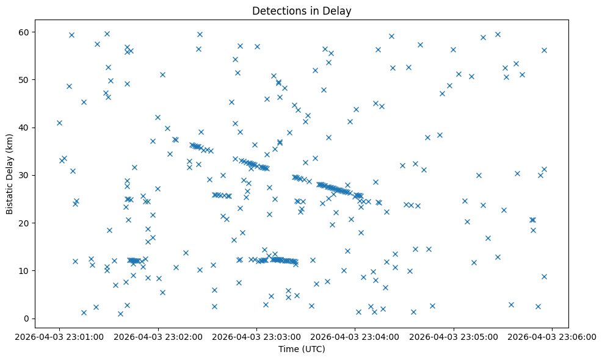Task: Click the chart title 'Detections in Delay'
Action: (302, 11)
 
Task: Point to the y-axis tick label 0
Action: (27, 319)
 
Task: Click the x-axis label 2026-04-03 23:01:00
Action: (59, 336)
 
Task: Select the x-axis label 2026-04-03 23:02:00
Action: (158, 336)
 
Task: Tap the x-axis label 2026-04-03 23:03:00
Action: (256, 336)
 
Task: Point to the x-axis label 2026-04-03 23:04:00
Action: (355, 336)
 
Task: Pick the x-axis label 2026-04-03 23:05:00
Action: (454, 336)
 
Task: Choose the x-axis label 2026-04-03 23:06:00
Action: (553, 336)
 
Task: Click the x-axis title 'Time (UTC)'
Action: (302, 349)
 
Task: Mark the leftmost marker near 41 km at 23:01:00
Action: (59, 123)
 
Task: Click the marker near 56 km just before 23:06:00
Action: (544, 50)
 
